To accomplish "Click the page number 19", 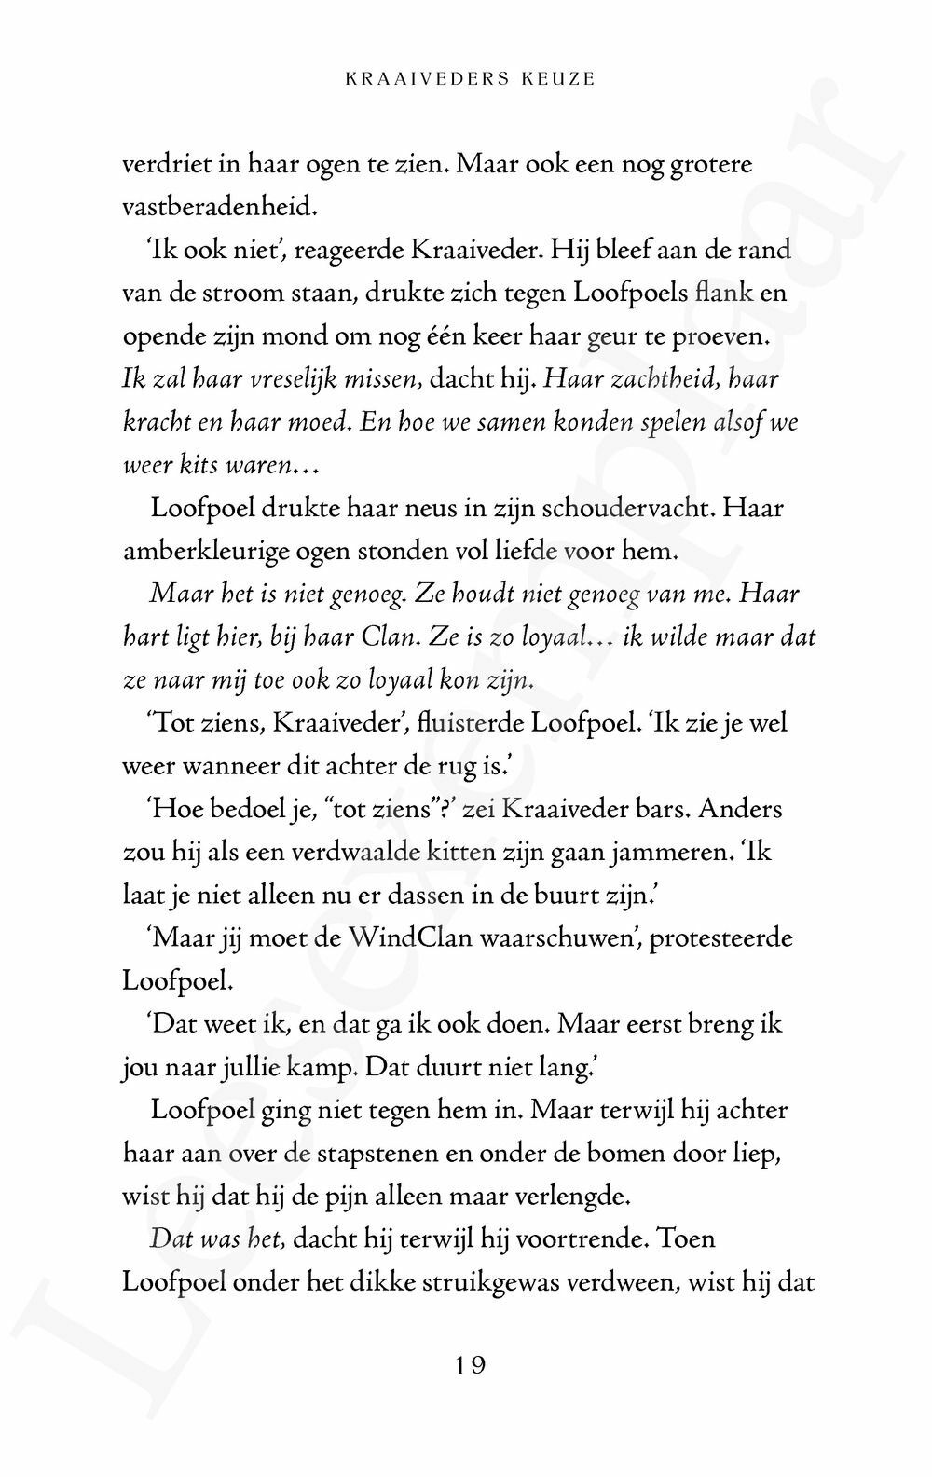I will (470, 1366).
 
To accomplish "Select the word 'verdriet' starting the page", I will (164, 165).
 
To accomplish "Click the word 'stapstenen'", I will (379, 1154).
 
